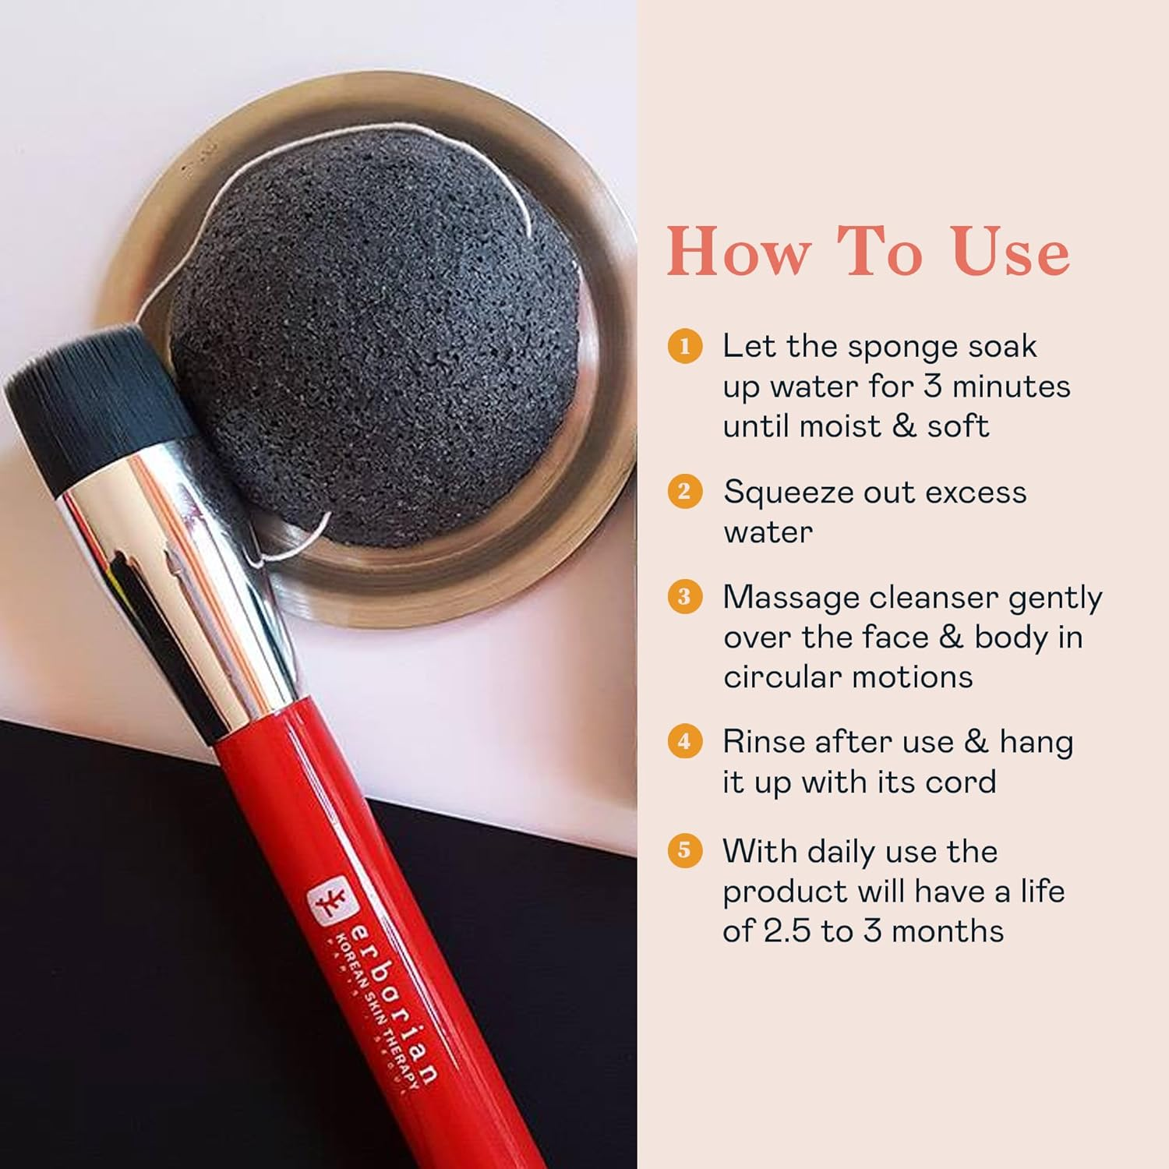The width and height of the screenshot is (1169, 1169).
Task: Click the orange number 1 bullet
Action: pos(685,346)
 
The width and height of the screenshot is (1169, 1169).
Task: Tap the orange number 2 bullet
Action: pos(685,492)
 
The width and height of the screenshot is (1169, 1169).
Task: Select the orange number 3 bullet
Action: pos(685,597)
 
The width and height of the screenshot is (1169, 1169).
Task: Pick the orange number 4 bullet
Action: pos(685,741)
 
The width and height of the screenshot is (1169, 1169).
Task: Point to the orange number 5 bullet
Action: pos(685,850)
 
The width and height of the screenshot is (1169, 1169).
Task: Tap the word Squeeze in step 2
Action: pos(788,493)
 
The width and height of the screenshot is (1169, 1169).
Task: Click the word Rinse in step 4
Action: pos(763,742)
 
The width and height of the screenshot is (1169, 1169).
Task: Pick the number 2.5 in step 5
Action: pos(786,931)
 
